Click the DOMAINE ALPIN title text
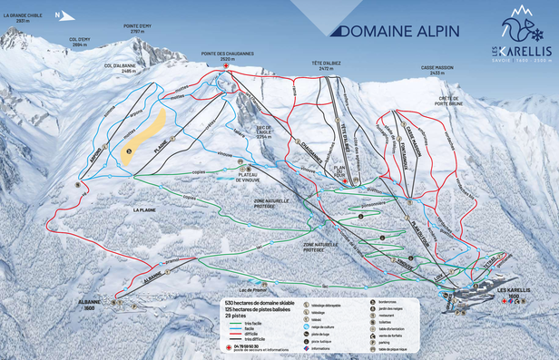point(396,31)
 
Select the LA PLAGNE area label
point(144,210)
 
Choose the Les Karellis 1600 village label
point(515,295)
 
